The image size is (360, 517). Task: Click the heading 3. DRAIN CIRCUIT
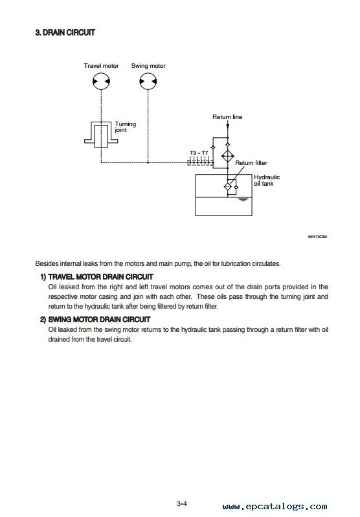65,32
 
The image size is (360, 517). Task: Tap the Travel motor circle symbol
101,81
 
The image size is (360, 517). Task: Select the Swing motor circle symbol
148,81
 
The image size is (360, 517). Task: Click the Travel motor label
101,66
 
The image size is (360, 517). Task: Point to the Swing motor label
148,66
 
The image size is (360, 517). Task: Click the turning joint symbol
101,134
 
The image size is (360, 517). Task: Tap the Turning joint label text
126,127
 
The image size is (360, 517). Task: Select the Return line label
227,117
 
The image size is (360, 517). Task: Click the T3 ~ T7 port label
199,153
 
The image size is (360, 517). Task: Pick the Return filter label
251,163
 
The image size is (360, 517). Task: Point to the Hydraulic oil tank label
267,181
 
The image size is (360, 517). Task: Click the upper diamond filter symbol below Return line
227,157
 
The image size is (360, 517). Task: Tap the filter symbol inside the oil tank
228,186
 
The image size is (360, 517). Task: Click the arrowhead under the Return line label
228,127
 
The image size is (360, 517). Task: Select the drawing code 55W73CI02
317,237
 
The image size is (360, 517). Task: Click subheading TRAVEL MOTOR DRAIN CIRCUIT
100,277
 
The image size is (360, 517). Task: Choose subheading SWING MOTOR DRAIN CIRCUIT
99,320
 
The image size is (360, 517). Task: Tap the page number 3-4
182,503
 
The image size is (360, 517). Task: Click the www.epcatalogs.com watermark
275,507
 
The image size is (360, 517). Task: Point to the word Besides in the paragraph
47,264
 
